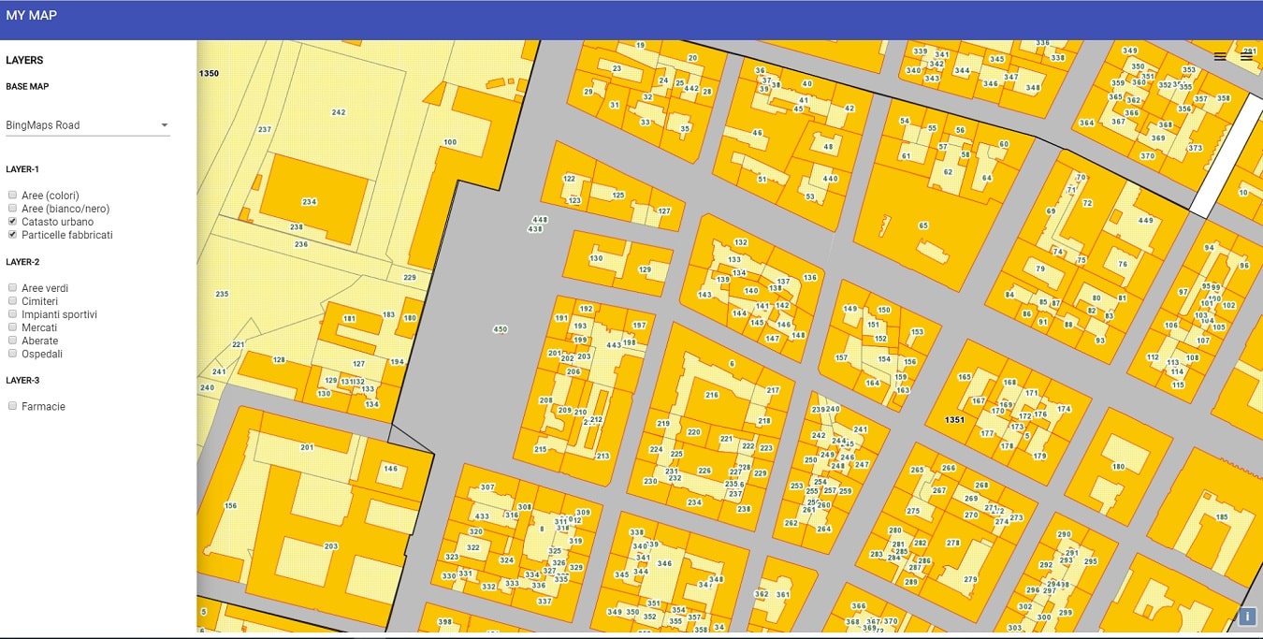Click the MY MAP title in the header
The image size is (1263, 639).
coord(31,15)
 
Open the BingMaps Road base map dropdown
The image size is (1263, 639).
coord(87,125)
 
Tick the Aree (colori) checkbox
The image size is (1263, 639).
coord(12,196)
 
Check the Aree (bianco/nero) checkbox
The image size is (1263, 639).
coord(12,209)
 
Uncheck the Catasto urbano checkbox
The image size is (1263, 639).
coord(12,222)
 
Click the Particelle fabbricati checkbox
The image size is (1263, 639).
coord(12,235)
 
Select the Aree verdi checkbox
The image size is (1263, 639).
coord(12,288)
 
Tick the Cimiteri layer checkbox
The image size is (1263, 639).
coord(12,301)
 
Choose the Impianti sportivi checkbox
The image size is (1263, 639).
coord(12,314)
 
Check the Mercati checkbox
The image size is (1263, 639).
coord(12,327)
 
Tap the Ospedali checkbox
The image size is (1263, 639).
coord(12,354)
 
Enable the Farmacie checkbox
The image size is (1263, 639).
coord(12,406)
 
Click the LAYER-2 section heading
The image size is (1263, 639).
coord(22,262)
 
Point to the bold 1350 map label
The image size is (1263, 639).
coord(209,73)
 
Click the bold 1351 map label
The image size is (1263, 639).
coord(954,420)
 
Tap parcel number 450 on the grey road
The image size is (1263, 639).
coord(500,329)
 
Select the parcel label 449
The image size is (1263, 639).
coord(1145,221)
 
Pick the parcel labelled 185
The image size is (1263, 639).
coord(1222,517)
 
